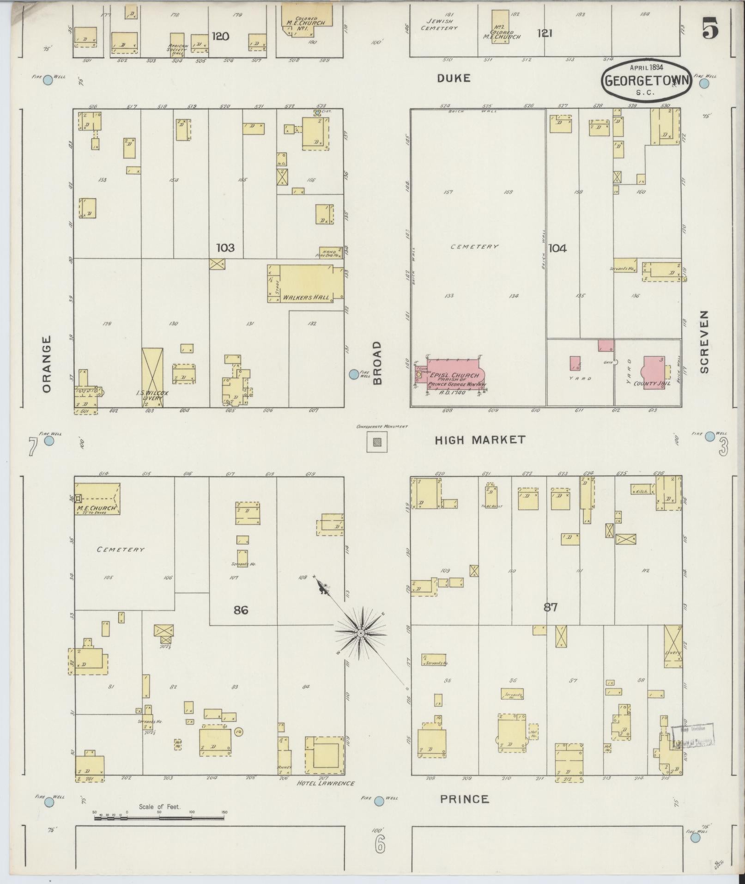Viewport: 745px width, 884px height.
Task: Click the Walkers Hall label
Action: coord(306,297)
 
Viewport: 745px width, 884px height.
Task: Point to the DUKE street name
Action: coord(454,79)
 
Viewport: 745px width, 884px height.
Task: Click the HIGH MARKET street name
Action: coord(480,440)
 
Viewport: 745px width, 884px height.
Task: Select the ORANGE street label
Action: coord(47,364)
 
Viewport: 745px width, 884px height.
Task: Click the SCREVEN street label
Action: coord(704,341)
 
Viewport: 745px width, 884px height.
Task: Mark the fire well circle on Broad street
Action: coord(354,374)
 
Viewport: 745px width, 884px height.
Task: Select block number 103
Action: coord(225,248)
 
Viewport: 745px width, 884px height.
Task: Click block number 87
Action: coord(551,607)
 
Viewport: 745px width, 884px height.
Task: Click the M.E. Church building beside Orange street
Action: coord(97,499)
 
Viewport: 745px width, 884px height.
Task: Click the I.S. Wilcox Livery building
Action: coord(152,378)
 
